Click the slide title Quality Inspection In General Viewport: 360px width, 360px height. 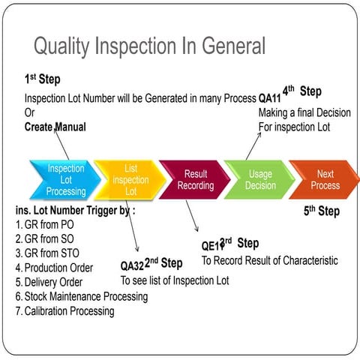[149, 46]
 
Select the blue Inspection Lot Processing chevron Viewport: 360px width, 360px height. [65, 180]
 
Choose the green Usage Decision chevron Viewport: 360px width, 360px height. [259, 180]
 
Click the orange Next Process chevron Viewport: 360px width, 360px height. [324, 180]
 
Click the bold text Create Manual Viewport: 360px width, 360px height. [55, 127]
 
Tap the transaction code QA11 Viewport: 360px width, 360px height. [269, 98]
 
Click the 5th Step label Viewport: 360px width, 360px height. [321, 211]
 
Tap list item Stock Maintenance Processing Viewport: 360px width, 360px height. [81, 296]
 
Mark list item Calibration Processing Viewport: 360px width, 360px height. [64, 310]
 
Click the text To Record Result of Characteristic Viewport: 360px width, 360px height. [269, 260]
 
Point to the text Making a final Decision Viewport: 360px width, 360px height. [304, 112]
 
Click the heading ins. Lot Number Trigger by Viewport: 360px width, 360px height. [75, 211]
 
